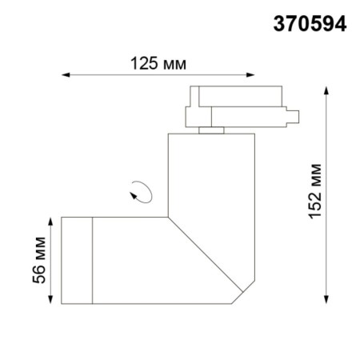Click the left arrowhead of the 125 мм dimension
pos(66,77)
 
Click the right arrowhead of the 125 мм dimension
pos(258,77)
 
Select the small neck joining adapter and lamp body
pos(212,129)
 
